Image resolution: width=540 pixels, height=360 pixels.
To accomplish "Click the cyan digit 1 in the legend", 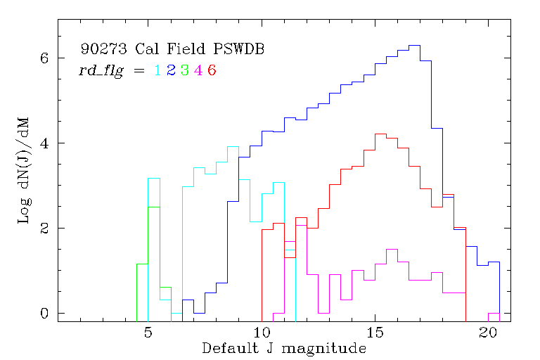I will pos(157,70).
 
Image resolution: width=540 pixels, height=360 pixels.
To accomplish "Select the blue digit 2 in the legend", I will pos(171,70).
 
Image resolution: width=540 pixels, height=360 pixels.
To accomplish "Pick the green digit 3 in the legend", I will pos(184,70).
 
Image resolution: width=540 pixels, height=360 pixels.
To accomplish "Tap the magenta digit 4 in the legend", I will pos(198,70).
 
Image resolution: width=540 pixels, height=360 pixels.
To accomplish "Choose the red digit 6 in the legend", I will pos(212,70).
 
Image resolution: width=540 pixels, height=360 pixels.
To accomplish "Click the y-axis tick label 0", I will pos(44,313).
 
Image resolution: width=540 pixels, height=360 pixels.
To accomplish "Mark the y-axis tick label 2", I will pos(44,229).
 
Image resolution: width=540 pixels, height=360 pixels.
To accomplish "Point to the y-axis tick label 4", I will pos(44,143).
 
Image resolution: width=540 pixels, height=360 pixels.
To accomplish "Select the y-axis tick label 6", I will pos(44,58).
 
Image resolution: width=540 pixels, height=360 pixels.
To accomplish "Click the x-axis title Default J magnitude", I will pos(284,348).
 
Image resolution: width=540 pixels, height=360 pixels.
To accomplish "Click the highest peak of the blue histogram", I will pos(414,45).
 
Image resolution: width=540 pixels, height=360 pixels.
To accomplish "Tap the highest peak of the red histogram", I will pos(380,134).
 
